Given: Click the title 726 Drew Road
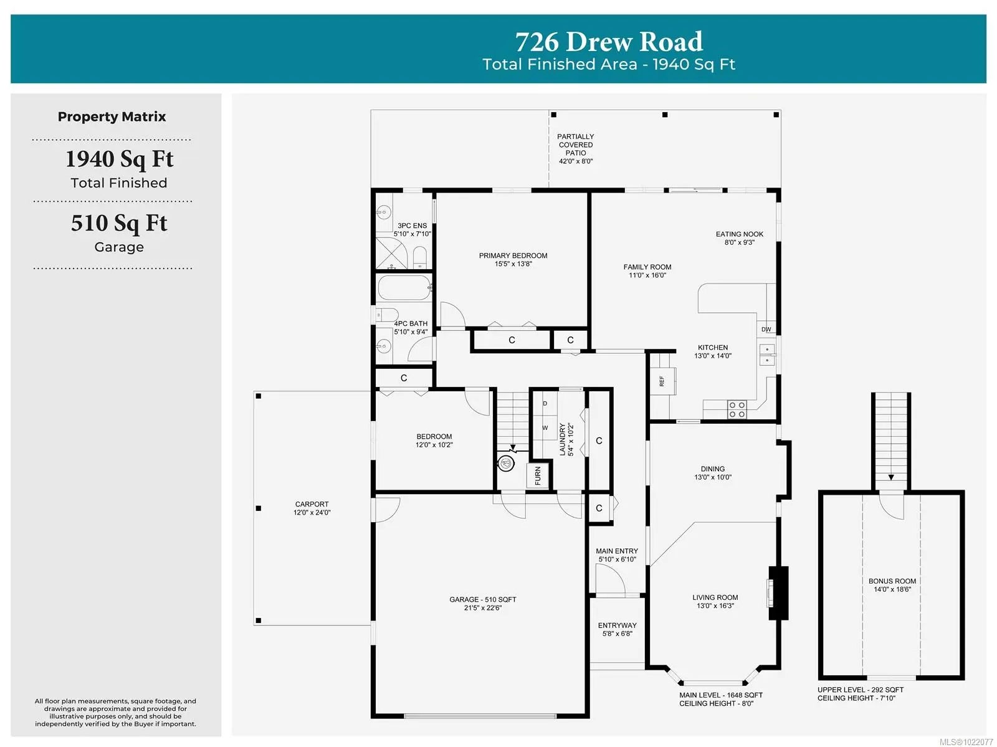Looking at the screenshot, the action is (x=609, y=41).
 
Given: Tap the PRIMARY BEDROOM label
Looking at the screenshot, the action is (x=513, y=255).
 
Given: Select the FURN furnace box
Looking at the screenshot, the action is (x=537, y=475).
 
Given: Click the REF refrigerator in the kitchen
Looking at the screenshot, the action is (x=663, y=381).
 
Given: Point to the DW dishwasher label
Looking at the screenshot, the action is (x=766, y=329).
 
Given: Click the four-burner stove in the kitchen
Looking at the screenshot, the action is (x=737, y=409).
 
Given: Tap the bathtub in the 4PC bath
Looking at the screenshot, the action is (x=404, y=287).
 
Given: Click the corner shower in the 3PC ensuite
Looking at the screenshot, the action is (x=391, y=253).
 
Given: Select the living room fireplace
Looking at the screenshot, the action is (x=777, y=592).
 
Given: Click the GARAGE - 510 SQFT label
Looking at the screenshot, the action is (x=482, y=599).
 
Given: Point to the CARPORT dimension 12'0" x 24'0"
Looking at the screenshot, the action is (x=312, y=513).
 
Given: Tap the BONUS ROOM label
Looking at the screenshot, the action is (x=892, y=581).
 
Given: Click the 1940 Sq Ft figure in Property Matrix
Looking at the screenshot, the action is (x=120, y=159).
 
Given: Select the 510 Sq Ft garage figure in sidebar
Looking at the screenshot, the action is (x=119, y=223).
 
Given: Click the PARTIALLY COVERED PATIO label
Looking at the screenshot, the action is (x=576, y=145).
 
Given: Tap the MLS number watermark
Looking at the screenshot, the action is (x=966, y=742).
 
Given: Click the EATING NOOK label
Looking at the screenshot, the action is (x=739, y=234).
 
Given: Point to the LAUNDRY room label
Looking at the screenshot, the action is (x=562, y=440).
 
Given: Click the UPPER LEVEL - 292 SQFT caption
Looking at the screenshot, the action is (x=861, y=690).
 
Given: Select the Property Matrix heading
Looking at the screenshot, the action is (x=112, y=117).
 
